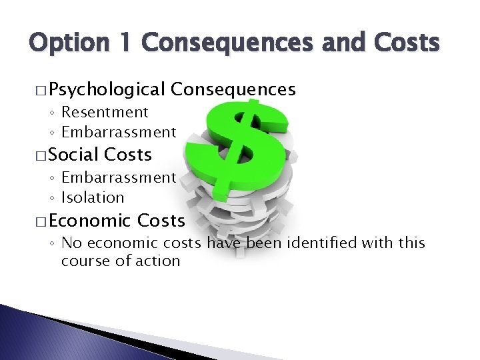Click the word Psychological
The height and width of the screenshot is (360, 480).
pos(107,89)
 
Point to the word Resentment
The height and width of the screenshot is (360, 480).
pos(105,112)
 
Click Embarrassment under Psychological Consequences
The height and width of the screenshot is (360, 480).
pos(119,132)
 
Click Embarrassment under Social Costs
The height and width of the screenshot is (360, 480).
pos(119,177)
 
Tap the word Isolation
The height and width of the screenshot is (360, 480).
pos(93,197)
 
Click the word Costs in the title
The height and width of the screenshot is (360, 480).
pos(405,43)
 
